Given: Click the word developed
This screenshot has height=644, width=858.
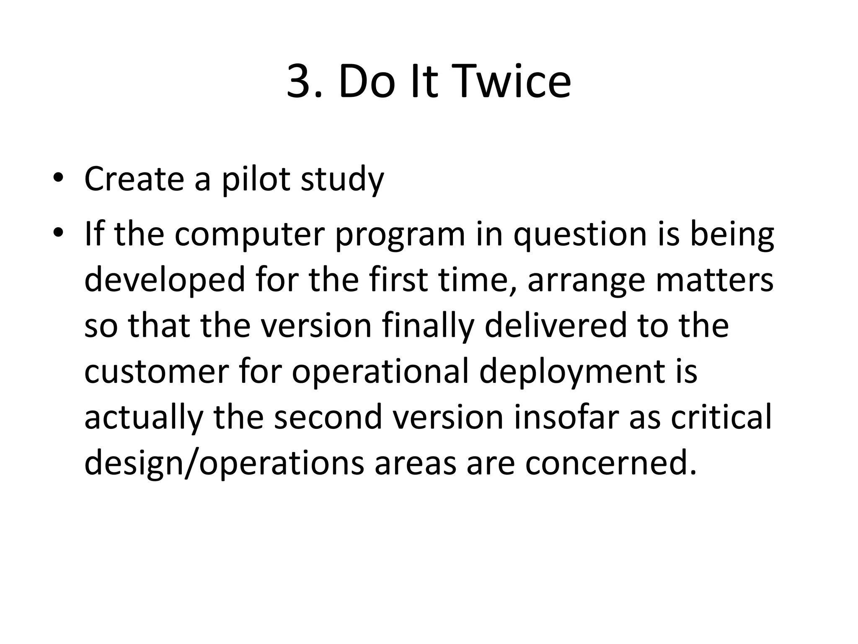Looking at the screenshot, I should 165,280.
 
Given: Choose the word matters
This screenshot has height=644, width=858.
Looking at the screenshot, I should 715,280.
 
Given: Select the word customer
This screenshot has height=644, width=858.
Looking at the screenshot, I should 157,371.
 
